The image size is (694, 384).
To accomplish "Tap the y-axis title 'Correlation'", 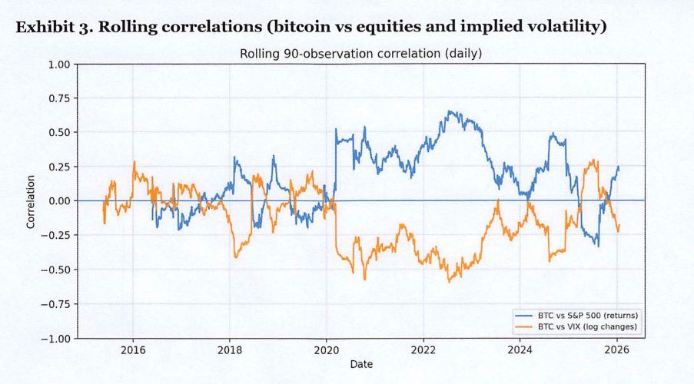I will tap(32, 201).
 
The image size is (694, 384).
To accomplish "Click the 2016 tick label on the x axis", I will tap(133, 349).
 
